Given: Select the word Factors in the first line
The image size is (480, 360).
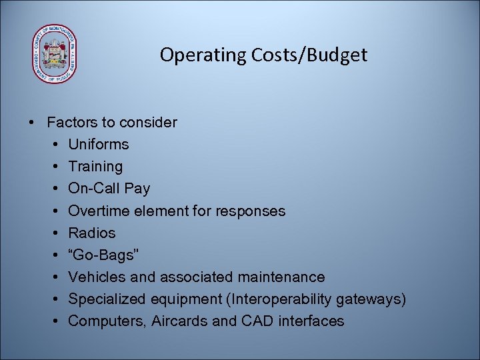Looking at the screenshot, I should pyautogui.click(x=72, y=122).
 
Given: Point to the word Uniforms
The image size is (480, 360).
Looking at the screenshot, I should pyautogui.click(x=99, y=144).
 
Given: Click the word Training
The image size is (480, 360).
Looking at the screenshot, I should pyautogui.click(x=95, y=166).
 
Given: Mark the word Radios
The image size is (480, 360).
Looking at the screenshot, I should pyautogui.click(x=92, y=233).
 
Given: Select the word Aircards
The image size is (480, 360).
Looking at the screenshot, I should pyautogui.click(x=179, y=321).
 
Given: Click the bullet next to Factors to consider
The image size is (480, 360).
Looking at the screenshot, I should pyautogui.click(x=31, y=122).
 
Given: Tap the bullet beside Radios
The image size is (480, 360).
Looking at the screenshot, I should pyautogui.click(x=53, y=233).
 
